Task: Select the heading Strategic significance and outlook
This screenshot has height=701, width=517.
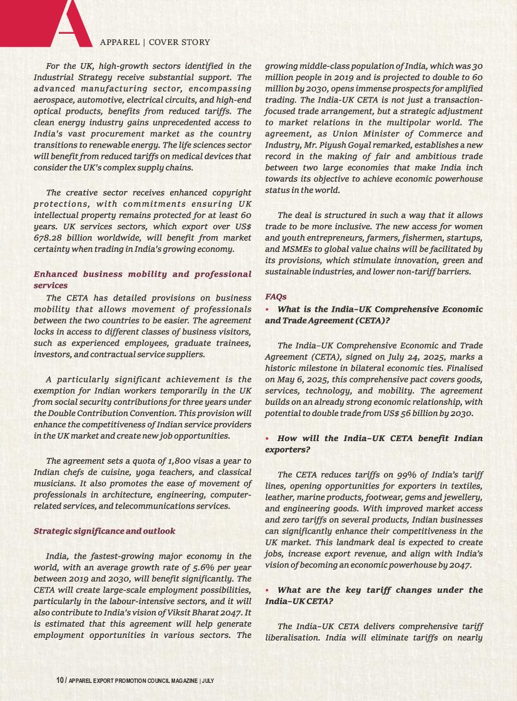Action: (104, 531)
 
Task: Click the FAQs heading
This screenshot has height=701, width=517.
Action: (276, 297)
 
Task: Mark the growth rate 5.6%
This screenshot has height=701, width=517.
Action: (193, 567)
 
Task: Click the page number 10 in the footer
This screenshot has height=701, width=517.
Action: (60, 680)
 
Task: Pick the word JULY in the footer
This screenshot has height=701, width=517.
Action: (208, 680)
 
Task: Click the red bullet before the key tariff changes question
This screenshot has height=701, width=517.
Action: (268, 590)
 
